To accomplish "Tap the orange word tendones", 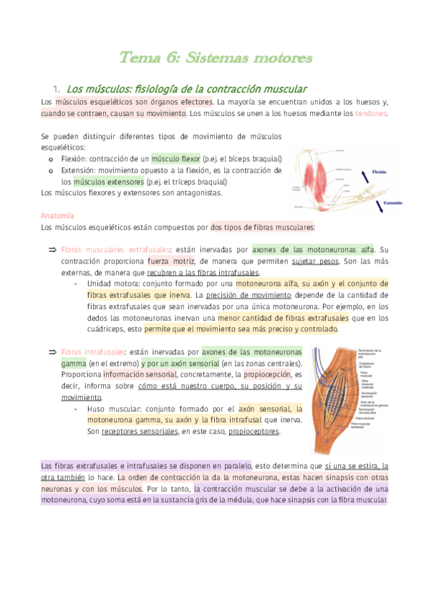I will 371,113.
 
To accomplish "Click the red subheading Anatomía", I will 58,215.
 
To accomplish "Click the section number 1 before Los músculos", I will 56,89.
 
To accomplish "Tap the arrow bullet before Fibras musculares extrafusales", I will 52,250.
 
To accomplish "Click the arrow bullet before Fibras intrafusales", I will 52,351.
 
